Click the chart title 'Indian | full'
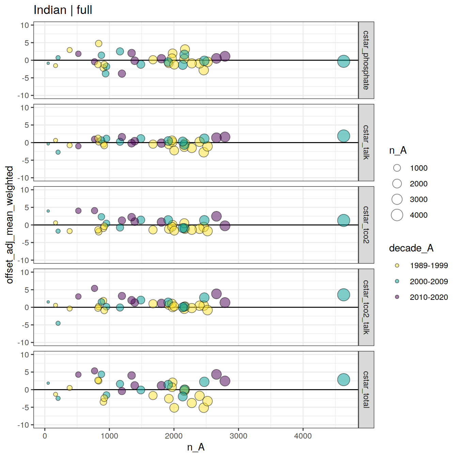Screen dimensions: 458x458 tap(63, 10)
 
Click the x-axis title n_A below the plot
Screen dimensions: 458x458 tap(196, 447)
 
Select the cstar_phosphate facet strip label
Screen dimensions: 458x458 tap(366, 60)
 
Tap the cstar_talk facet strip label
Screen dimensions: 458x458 tap(366, 142)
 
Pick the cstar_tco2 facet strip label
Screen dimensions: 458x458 tap(366, 225)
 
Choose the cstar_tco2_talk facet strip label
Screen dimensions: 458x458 tap(366, 307)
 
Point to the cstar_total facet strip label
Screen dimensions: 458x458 tap(366, 390)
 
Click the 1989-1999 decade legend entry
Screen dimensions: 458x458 tap(397, 265)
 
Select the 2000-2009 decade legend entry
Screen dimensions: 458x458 tap(397, 281)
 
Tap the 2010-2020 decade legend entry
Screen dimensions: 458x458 tap(397, 297)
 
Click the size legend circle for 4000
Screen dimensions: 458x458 tap(397, 215)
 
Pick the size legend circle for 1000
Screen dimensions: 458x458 tap(397, 168)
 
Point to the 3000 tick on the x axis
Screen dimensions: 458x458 tap(238, 436)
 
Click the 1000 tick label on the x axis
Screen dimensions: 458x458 tap(109, 436)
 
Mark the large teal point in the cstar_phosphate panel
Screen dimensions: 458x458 tap(343, 61)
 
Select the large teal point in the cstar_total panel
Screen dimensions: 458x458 tap(343, 380)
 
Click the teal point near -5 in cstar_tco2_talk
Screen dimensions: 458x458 tap(58, 323)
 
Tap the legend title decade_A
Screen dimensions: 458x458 tap(411, 248)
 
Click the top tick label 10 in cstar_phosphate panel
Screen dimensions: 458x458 tap(25, 25)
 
